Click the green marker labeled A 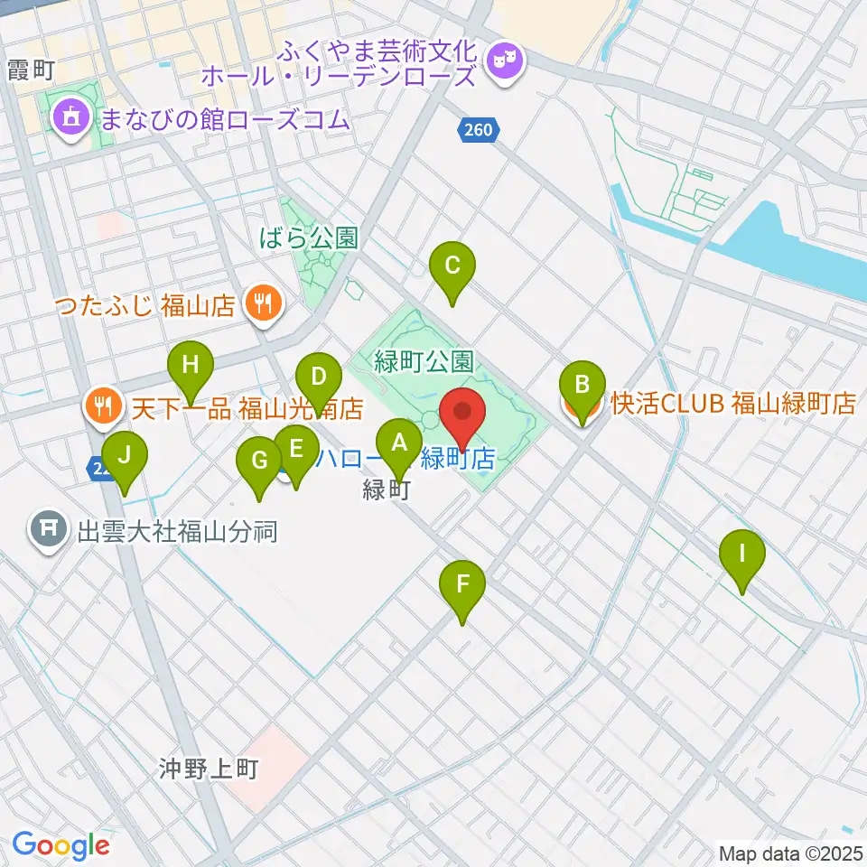[x=398, y=443]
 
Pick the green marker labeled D [x=318, y=376]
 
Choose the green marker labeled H [x=190, y=366]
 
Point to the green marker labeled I [x=742, y=553]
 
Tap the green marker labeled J [x=124, y=455]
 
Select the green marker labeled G [x=259, y=461]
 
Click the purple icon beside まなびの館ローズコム [x=70, y=116]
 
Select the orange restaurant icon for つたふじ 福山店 [x=262, y=303]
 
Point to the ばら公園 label [x=307, y=238]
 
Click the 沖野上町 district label [x=209, y=769]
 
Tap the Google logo [x=61, y=845]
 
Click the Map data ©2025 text [x=791, y=853]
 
